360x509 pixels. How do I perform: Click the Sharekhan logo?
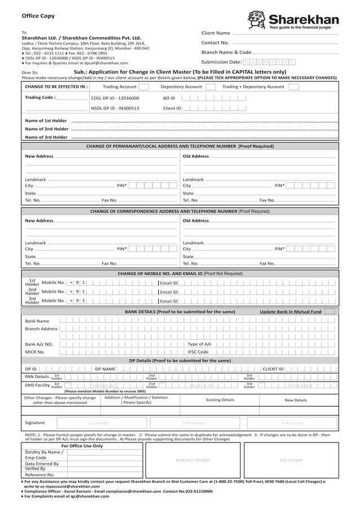[x=293, y=20]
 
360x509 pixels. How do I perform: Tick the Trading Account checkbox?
[x=143, y=87]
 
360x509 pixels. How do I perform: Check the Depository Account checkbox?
[x=210, y=87]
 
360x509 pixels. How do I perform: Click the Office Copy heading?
[x=38, y=16]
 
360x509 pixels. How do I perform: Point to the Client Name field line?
[x=285, y=34]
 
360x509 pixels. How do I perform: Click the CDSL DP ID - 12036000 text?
[x=115, y=98]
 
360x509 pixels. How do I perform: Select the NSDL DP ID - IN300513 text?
[x=115, y=108]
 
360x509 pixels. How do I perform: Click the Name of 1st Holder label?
[x=46, y=120]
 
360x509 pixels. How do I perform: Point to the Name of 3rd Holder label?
[x=46, y=137]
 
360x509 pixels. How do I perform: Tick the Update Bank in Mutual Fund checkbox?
[x=330, y=311]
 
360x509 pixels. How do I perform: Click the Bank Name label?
[x=37, y=321]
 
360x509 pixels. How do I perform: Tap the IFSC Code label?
[x=198, y=352]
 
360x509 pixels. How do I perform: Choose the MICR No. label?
[x=35, y=352]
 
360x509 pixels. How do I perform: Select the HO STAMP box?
[x=291, y=460]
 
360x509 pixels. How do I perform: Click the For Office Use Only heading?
[x=82, y=445]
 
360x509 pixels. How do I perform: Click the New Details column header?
[x=296, y=400]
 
